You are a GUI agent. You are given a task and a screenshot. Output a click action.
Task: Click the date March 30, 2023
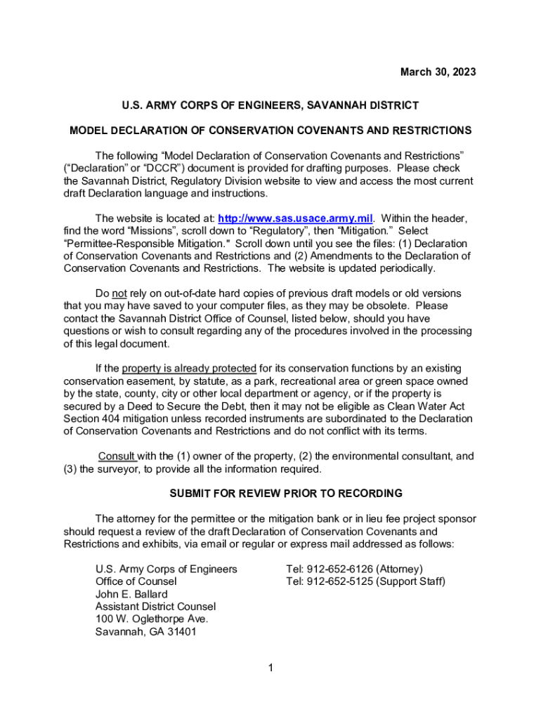pyautogui.click(x=438, y=72)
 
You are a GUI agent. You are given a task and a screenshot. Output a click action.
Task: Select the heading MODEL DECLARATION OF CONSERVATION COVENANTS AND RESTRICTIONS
pyautogui.click(x=270, y=131)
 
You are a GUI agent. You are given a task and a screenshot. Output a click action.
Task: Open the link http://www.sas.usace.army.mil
pyautogui.click(x=296, y=218)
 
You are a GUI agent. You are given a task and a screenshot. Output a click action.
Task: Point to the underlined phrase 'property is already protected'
pyautogui.click(x=189, y=369)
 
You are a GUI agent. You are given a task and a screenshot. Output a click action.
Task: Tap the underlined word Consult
pyautogui.click(x=117, y=456)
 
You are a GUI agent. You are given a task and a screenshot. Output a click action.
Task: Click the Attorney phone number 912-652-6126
pyautogui.click(x=339, y=569)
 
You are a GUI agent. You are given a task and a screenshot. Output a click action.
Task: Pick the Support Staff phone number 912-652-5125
pyautogui.click(x=339, y=582)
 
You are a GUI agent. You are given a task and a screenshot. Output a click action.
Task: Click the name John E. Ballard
pyautogui.click(x=131, y=595)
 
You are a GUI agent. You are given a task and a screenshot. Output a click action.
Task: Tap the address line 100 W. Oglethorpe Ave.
pyautogui.click(x=152, y=619)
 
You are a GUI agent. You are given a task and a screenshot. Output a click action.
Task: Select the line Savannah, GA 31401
pyautogui.click(x=146, y=632)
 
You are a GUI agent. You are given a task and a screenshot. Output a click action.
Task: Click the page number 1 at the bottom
pyautogui.click(x=270, y=668)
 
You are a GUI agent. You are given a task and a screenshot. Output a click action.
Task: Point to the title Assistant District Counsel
pyautogui.click(x=155, y=607)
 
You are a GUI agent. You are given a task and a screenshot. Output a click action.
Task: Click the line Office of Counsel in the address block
pyautogui.click(x=136, y=582)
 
